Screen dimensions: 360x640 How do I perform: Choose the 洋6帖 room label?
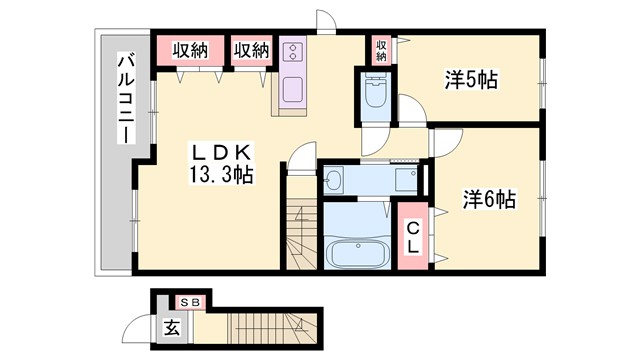pyautogui.click(x=488, y=200)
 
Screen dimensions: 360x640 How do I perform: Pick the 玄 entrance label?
pyautogui.click(x=173, y=325)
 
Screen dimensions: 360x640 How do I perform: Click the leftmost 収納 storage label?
pyautogui.click(x=187, y=50)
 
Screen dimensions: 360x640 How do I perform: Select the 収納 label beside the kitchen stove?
pyautogui.click(x=252, y=50)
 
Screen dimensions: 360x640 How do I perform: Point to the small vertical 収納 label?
pyautogui.click(x=381, y=49)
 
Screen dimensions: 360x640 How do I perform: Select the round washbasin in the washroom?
pyautogui.click(x=333, y=180)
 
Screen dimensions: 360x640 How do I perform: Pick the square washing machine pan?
pyautogui.click(x=405, y=180)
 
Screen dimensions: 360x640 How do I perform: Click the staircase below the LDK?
pyautogui.click(x=300, y=236)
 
